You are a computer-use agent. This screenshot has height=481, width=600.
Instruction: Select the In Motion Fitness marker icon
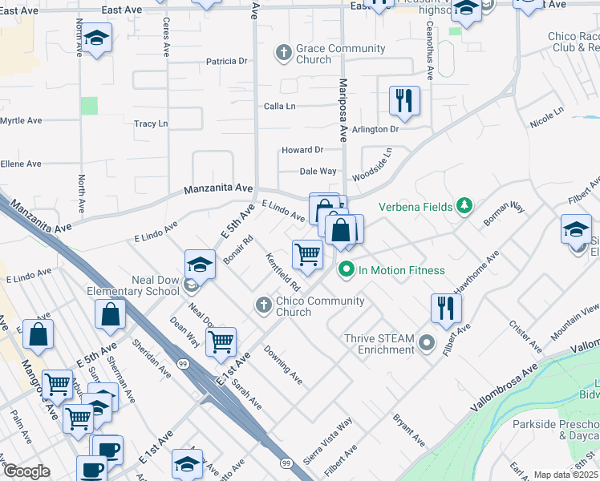pyautogui.click(x=347, y=269)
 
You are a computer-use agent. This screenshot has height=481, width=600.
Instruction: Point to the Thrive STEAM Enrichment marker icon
pyautogui.click(x=428, y=344)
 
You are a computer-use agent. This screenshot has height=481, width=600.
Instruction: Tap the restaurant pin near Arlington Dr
pyautogui.click(x=404, y=101)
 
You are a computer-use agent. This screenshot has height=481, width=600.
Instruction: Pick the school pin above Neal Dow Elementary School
pyautogui.click(x=200, y=264)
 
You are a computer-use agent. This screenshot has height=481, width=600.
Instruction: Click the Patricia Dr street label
pyautogui.click(x=226, y=61)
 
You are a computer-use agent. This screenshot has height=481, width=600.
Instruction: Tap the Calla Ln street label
pyautogui.click(x=280, y=106)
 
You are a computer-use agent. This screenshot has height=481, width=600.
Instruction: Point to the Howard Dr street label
pyautogui.click(x=302, y=150)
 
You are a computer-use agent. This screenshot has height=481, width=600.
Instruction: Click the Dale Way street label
pyautogui.click(x=318, y=171)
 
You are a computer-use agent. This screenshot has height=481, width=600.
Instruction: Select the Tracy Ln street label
pyautogui.click(x=151, y=123)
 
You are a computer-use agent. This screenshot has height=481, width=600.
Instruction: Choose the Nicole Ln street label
pyautogui.click(x=547, y=117)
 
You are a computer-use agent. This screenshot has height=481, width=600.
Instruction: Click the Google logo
pyautogui.click(x=26, y=471)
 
